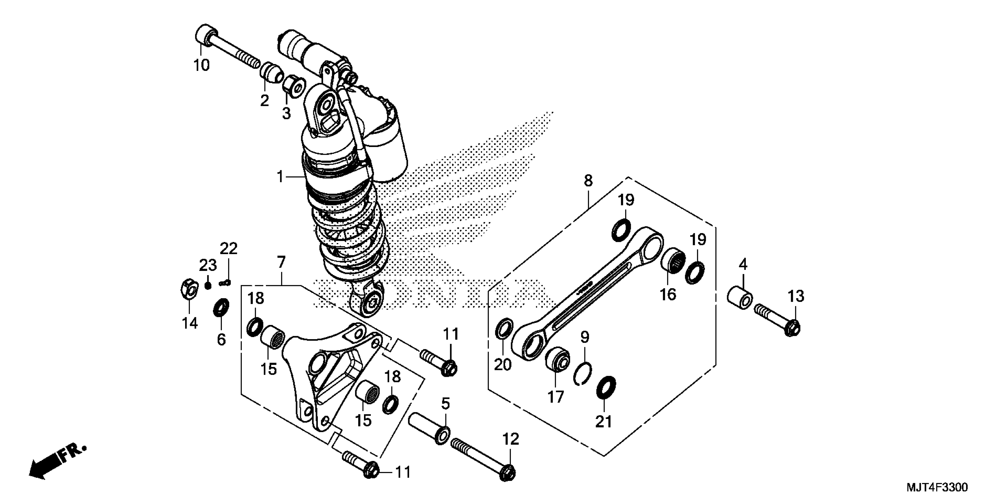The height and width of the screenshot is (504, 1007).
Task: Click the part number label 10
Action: point(202,65)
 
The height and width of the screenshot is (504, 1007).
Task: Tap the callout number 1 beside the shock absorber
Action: point(280,177)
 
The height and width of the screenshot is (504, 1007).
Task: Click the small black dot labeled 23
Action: point(208,286)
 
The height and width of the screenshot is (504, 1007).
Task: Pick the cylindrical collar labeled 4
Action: point(739,299)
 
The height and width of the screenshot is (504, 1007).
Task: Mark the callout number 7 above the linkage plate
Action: point(281,262)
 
